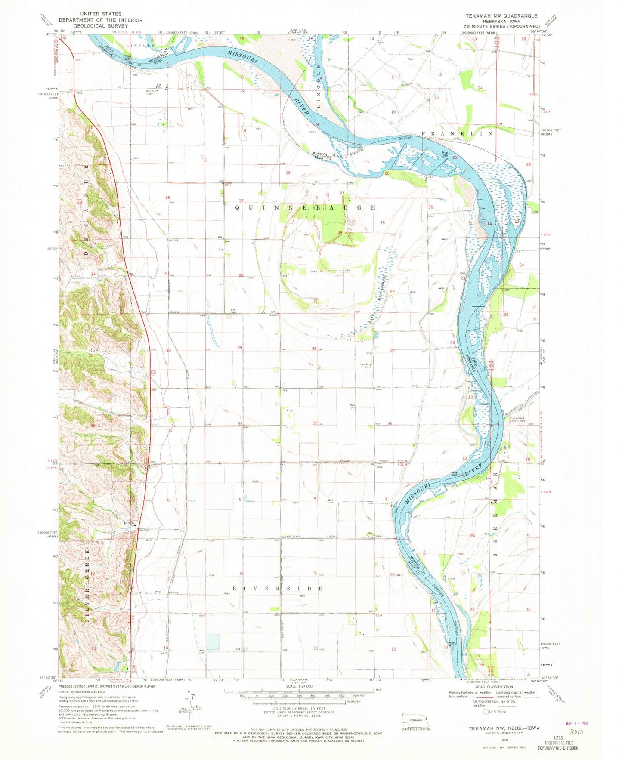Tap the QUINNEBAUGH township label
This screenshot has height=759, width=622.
pos(306,207)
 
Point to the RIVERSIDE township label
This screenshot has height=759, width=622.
pos(278,588)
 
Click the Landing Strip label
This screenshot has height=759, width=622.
pos(366,366)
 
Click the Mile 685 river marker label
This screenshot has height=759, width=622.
pos(444,154)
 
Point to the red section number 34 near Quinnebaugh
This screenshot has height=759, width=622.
pos(340,233)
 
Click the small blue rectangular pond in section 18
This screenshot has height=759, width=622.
pos(213,642)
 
